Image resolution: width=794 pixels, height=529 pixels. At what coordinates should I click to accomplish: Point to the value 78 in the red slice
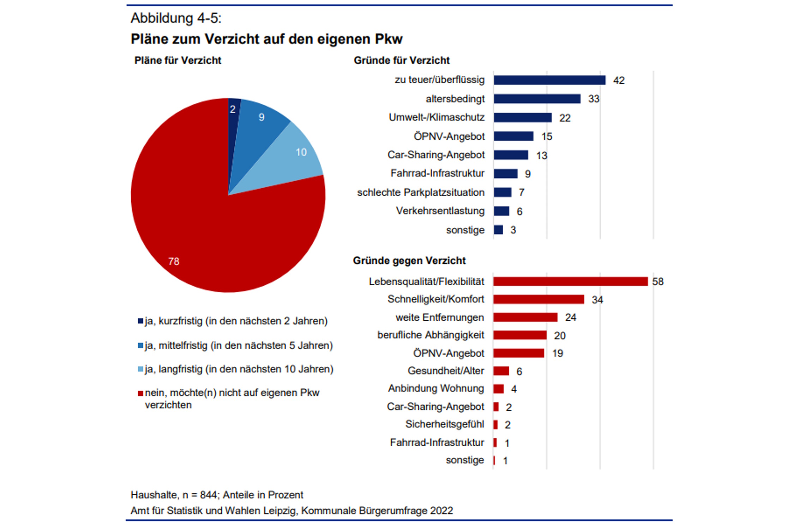[174, 261]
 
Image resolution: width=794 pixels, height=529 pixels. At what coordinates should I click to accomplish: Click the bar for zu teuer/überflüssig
[549, 80]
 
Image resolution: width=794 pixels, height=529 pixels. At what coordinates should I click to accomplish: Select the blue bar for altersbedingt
[537, 99]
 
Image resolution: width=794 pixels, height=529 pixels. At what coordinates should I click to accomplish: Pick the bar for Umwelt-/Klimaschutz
[522, 117]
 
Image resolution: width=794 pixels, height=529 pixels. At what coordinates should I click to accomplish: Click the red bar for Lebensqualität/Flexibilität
[570, 281]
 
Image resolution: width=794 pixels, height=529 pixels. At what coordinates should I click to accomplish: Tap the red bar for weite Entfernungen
[525, 317]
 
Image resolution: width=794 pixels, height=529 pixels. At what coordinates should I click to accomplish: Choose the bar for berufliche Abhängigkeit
[519, 335]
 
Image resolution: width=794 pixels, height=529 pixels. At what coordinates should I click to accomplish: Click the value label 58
[658, 281]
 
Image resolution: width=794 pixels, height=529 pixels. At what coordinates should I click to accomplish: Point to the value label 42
[619, 80]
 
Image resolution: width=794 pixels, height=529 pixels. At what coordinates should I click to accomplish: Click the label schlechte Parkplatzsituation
[421, 193]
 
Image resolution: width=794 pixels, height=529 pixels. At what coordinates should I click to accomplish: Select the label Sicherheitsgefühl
[445, 424]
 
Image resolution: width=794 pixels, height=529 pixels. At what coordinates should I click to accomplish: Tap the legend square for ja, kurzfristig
[140, 321]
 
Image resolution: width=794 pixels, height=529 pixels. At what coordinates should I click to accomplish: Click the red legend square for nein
[140, 393]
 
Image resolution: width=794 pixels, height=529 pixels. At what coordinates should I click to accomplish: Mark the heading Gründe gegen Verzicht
[409, 261]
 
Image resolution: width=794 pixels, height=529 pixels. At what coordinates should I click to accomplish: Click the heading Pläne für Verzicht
[178, 60]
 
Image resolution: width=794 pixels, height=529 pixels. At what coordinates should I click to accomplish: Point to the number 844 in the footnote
[209, 495]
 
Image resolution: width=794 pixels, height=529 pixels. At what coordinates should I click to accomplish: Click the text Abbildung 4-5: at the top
[176, 18]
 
